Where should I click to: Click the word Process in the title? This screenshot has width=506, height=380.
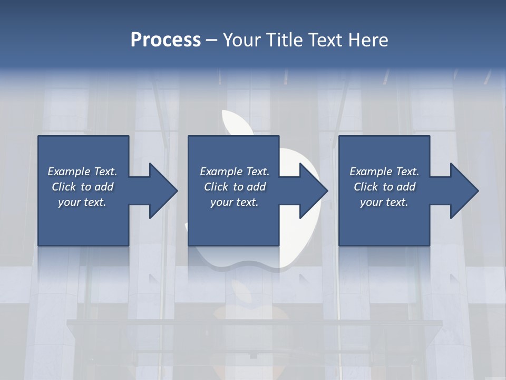pos(166,40)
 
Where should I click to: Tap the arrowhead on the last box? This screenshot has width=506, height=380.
pos(464,191)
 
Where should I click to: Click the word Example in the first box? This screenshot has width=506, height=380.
pos(69,172)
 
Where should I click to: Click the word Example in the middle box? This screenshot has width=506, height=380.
pos(220,172)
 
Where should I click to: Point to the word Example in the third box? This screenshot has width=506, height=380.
pos(370,172)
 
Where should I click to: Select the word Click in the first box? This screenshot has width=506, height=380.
pos(63,187)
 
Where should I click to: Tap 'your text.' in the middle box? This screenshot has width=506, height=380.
pos(234,202)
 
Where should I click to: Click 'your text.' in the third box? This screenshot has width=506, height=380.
pos(384,202)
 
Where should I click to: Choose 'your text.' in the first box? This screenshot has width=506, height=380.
pos(82,202)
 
